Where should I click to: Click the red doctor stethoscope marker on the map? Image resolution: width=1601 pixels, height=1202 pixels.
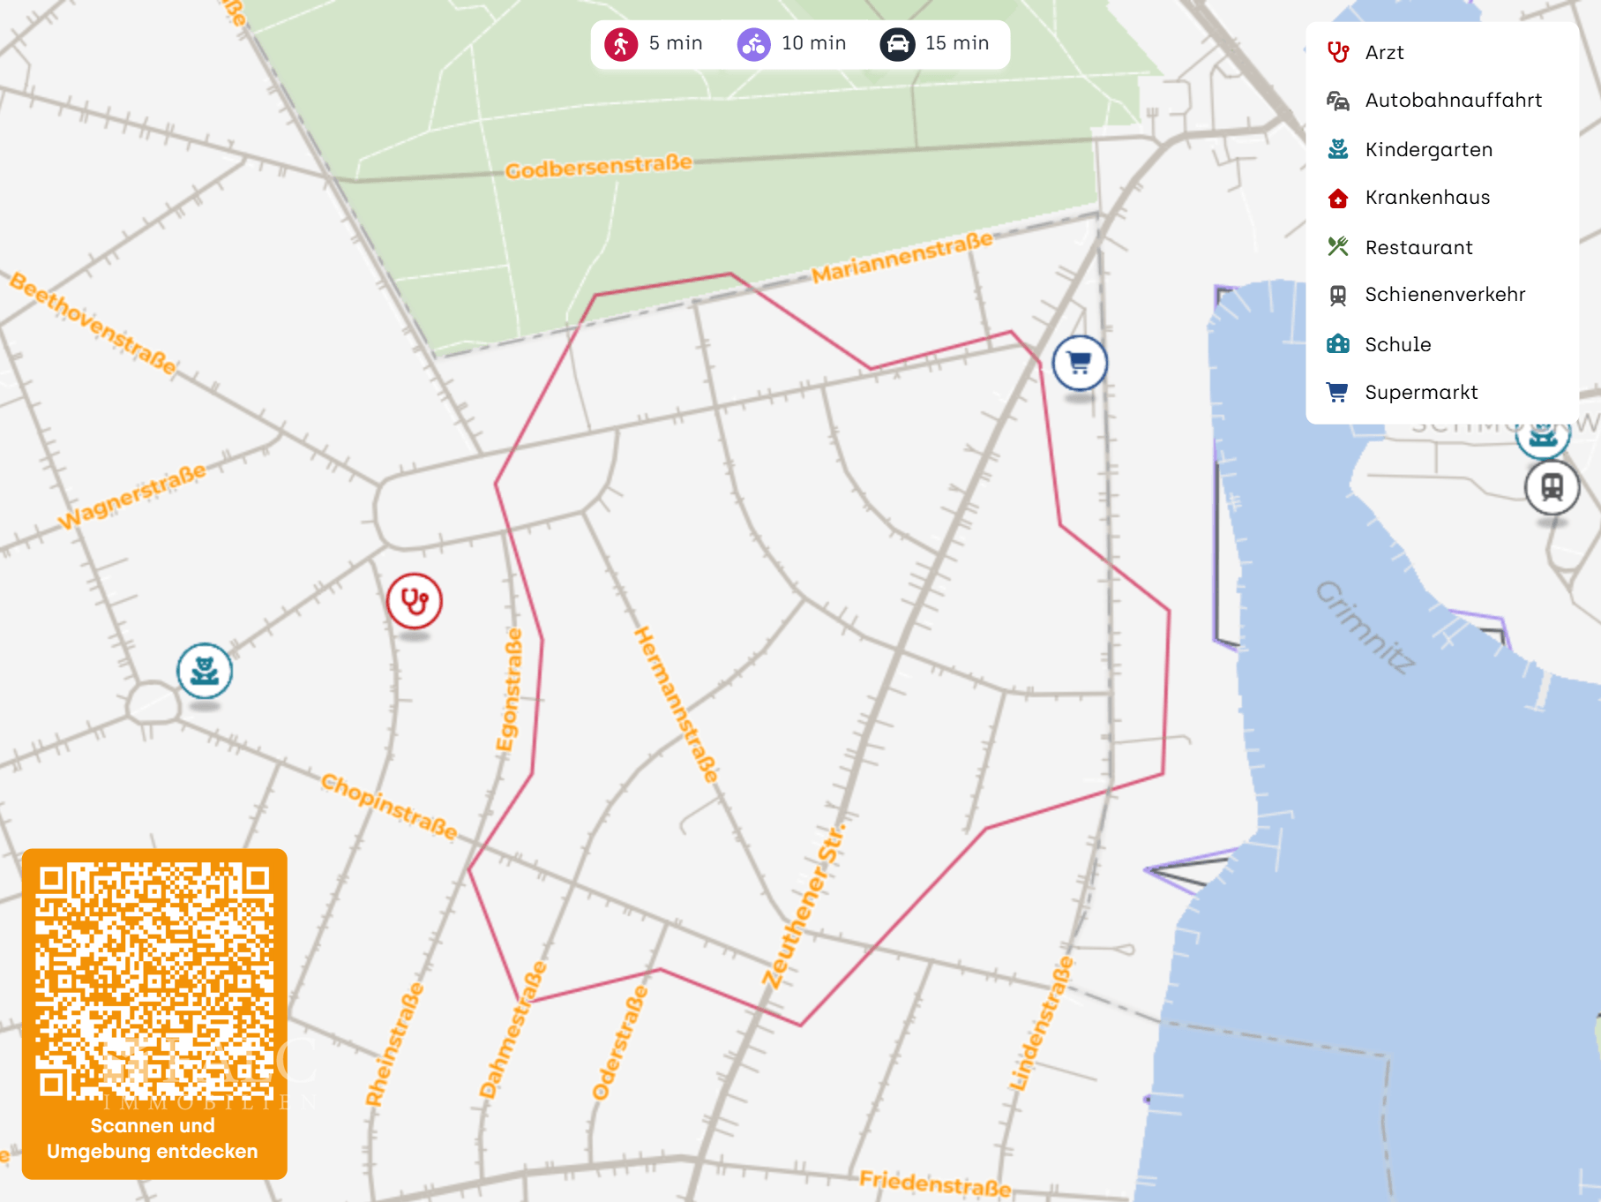point(415,601)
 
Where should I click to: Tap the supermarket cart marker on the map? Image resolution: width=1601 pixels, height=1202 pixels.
point(1080,363)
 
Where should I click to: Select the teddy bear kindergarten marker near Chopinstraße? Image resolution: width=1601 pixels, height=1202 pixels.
point(205,671)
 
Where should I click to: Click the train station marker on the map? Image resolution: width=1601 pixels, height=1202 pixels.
point(1552,487)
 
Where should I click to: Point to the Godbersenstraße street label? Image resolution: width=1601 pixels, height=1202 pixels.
point(598,166)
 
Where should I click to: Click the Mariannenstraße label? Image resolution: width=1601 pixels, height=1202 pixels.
point(901,258)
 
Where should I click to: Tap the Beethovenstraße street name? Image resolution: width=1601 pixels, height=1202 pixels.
point(94,324)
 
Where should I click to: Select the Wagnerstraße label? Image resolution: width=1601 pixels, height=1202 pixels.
point(132,496)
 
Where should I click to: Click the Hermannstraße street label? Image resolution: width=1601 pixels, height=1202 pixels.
point(676,704)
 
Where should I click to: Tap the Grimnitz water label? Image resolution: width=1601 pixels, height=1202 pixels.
point(1365,627)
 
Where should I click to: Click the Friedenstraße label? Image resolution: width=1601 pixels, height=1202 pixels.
point(935,1183)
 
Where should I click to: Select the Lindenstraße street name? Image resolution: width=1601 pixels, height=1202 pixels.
point(1042,1024)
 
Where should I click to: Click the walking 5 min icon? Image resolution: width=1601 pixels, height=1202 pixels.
point(621,43)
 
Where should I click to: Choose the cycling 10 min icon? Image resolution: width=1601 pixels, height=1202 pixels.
point(754,43)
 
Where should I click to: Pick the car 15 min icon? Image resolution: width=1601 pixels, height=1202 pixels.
point(897,43)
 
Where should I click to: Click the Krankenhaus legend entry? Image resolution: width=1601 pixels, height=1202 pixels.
point(1426,198)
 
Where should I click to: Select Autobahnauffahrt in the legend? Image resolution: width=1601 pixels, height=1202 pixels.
point(1452,101)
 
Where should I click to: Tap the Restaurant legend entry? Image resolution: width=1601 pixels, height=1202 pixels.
point(1418,247)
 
